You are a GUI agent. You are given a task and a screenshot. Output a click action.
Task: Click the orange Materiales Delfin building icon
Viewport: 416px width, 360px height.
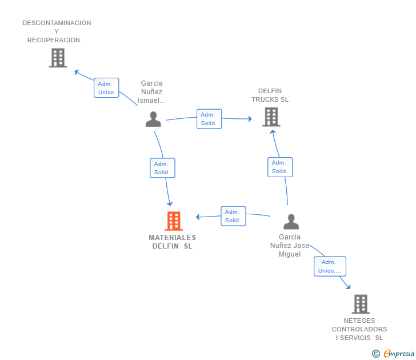[x=173, y=221]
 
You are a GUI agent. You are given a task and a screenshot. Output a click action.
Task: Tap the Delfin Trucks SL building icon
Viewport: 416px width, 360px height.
[x=271, y=117]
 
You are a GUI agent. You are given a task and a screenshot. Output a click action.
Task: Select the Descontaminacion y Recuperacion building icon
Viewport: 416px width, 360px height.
[x=58, y=58]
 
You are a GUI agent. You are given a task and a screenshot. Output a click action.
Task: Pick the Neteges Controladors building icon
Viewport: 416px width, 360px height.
[x=360, y=304]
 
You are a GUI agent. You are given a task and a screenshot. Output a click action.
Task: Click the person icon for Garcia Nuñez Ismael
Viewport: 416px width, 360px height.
[x=153, y=119]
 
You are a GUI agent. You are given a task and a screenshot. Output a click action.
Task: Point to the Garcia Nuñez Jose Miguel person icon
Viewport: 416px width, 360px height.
[x=291, y=221]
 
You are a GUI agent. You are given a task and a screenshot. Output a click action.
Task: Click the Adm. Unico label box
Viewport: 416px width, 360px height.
[x=106, y=88]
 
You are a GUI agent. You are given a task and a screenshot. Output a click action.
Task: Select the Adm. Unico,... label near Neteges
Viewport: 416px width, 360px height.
[x=330, y=266]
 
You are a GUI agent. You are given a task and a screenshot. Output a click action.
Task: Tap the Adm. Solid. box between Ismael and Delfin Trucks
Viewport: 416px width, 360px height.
[x=209, y=119]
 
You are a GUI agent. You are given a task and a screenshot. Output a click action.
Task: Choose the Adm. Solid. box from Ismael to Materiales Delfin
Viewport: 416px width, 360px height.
[x=163, y=168]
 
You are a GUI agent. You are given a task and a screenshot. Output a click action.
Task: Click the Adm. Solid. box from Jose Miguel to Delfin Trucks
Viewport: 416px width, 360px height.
[x=280, y=167]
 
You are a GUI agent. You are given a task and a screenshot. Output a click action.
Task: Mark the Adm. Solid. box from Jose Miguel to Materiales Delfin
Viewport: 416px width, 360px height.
[x=233, y=216]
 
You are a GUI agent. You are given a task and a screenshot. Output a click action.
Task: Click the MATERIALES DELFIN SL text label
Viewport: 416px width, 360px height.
[x=173, y=242]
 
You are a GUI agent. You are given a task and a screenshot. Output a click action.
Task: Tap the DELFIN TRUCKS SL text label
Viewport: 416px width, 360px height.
[x=270, y=95]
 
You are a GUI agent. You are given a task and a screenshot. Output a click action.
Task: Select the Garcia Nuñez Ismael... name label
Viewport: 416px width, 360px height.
[x=151, y=92]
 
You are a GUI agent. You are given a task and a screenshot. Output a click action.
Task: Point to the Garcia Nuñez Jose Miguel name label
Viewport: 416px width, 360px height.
[x=290, y=246]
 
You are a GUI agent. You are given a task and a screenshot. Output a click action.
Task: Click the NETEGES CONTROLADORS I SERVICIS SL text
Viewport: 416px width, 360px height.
[x=359, y=329]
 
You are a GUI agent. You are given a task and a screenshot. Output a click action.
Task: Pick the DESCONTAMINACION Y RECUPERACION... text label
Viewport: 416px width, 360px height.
[x=57, y=31]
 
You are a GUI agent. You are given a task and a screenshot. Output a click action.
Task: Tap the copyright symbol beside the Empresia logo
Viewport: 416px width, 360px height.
[x=376, y=354]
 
